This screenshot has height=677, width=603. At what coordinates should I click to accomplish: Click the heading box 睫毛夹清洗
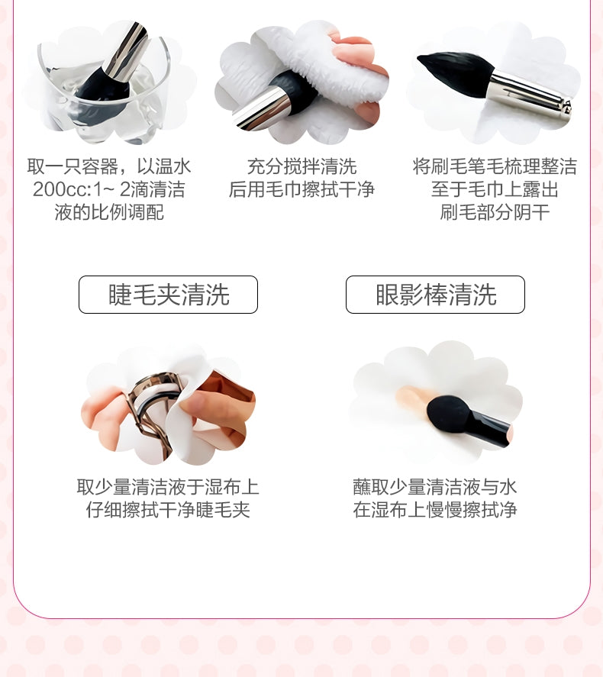pyautogui.click(x=168, y=295)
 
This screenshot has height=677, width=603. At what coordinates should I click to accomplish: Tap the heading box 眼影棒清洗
pyautogui.click(x=435, y=295)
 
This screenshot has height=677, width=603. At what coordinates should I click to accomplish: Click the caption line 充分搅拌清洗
pyautogui.click(x=301, y=166)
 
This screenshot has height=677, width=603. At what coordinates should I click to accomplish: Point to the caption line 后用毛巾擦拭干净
pyautogui.click(x=301, y=189)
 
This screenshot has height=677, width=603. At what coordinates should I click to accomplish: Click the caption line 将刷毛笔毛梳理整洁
pyautogui.click(x=495, y=166)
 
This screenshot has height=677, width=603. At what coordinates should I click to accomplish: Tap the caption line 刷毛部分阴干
pyautogui.click(x=495, y=212)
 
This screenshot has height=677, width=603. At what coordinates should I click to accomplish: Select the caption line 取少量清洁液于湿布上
pyautogui.click(x=168, y=487)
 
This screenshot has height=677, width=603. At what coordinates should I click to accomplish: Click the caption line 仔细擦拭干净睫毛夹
pyautogui.click(x=168, y=510)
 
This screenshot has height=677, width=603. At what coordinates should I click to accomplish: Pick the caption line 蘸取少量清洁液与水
pyautogui.click(x=435, y=487)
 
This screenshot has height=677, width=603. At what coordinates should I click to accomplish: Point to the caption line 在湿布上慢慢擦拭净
pyautogui.click(x=435, y=510)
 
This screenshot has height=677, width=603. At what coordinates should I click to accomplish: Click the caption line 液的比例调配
pyautogui.click(x=109, y=212)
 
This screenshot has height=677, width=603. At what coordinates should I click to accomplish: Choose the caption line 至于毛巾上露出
pyautogui.click(x=495, y=189)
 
